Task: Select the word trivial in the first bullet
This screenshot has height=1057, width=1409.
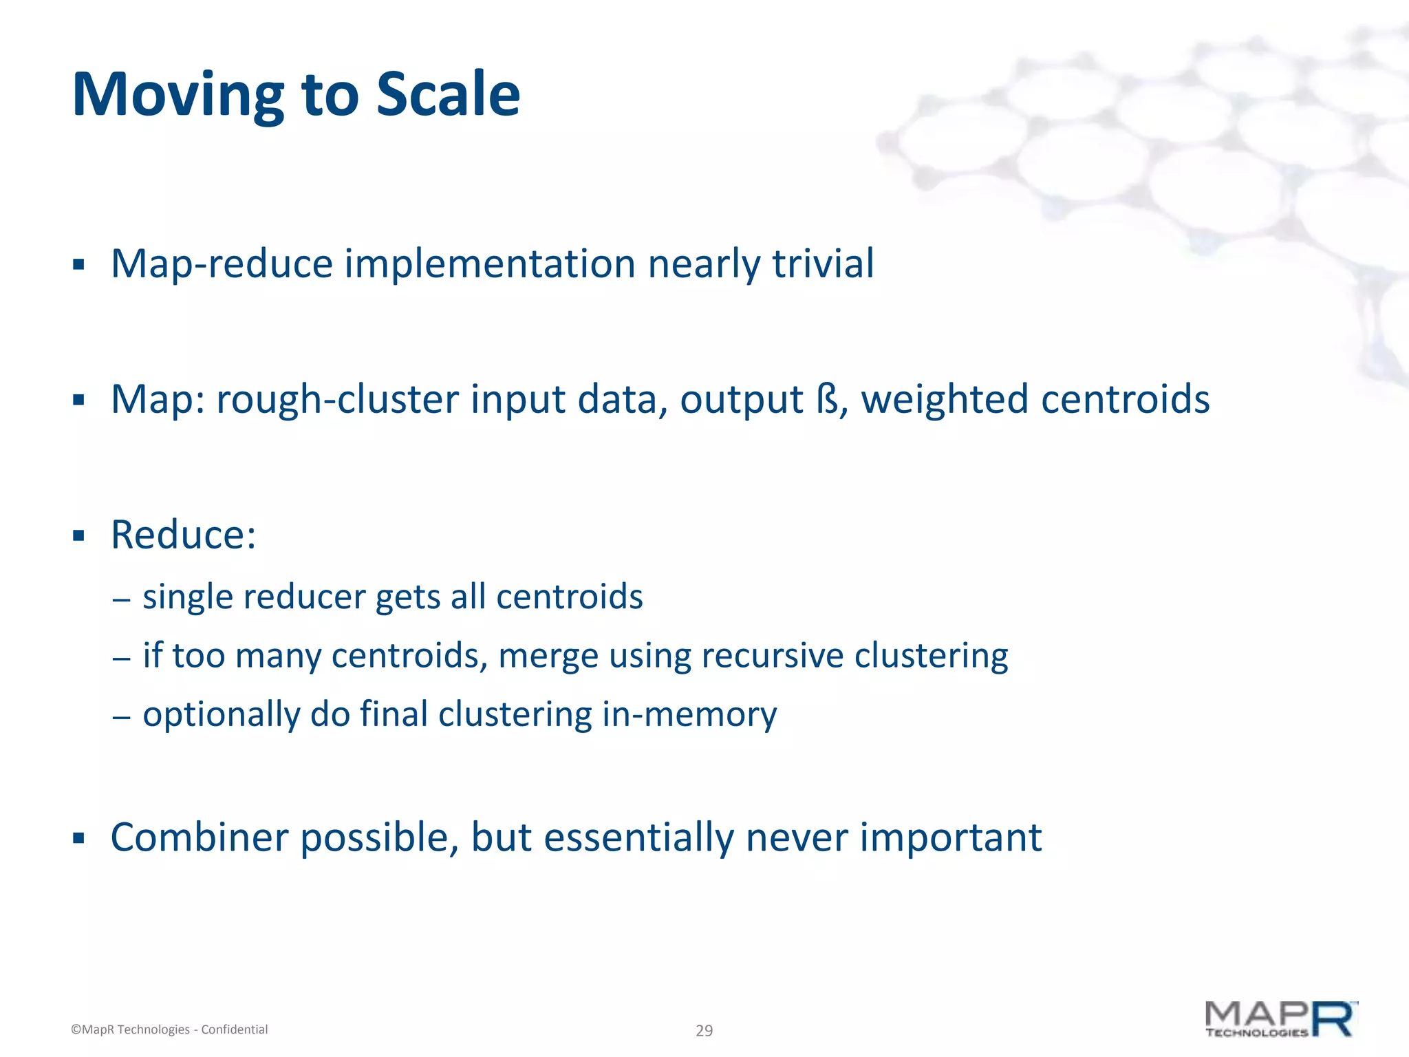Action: coord(823,264)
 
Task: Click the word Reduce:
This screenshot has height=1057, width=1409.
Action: coord(184,535)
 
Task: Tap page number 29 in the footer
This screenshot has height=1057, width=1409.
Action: coord(704,1030)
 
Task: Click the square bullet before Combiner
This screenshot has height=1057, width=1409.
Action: coord(78,838)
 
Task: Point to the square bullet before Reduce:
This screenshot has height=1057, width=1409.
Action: coord(78,535)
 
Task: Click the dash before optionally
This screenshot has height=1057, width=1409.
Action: coord(121,716)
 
